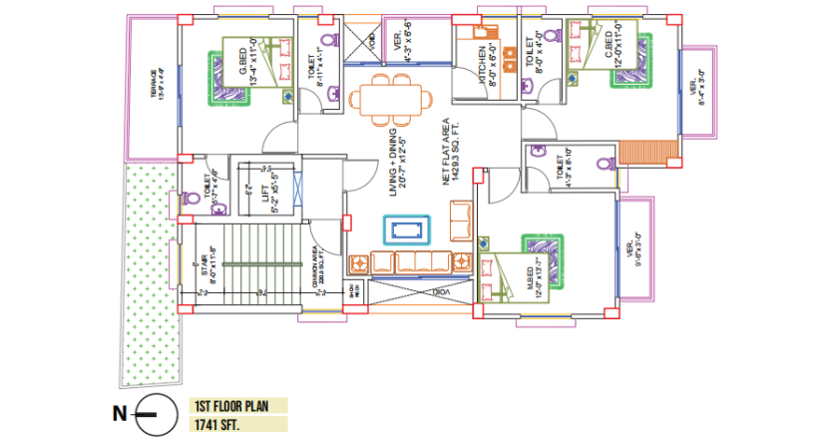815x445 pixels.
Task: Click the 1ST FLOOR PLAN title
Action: coord(236,406)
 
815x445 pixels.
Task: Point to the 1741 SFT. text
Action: coord(219,424)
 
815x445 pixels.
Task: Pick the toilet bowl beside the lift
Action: coord(220,208)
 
